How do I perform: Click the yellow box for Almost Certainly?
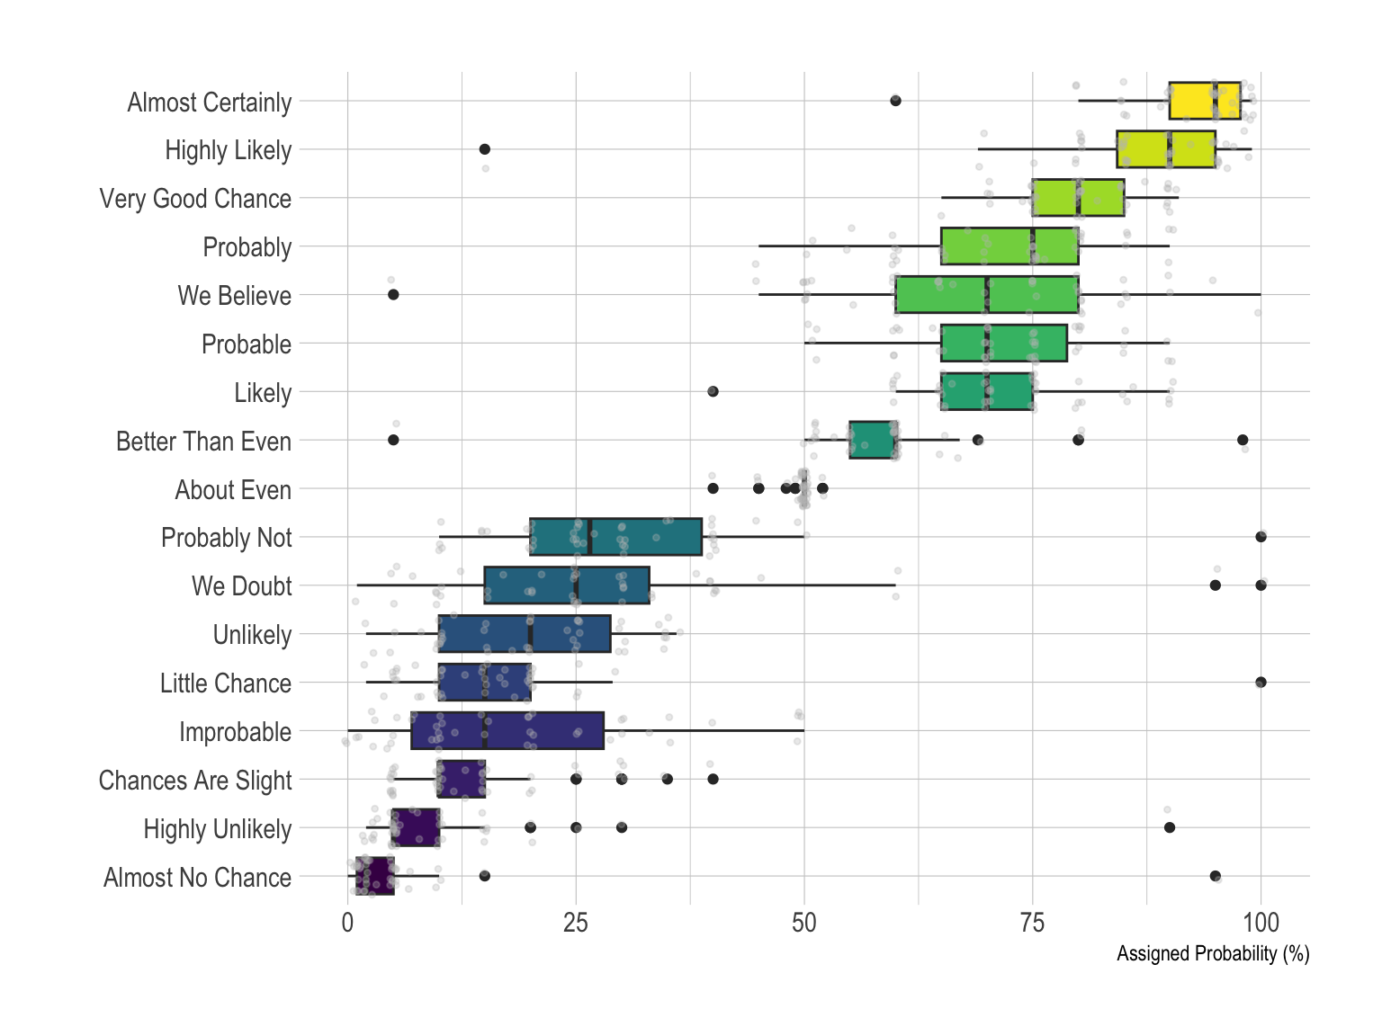(x=1204, y=101)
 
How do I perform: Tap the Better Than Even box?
(x=873, y=440)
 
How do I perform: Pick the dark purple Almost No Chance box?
(x=375, y=876)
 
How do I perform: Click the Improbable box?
(x=507, y=730)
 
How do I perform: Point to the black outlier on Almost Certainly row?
(x=895, y=101)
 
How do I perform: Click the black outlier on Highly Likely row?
(x=484, y=148)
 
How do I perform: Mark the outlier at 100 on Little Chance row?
(x=1261, y=682)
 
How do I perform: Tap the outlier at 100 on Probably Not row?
(x=1261, y=537)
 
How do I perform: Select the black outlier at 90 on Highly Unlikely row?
(x=1169, y=827)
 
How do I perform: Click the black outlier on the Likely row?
(x=713, y=391)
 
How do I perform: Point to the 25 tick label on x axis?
(x=576, y=923)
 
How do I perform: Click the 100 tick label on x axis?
(x=1261, y=923)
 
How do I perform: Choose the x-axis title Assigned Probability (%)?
(x=1212, y=953)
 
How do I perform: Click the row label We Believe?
(x=234, y=296)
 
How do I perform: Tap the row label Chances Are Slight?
(x=195, y=781)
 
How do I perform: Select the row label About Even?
(x=233, y=490)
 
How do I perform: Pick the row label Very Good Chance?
(x=195, y=199)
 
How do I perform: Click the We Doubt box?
(x=566, y=585)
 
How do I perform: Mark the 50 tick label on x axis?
(x=804, y=923)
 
